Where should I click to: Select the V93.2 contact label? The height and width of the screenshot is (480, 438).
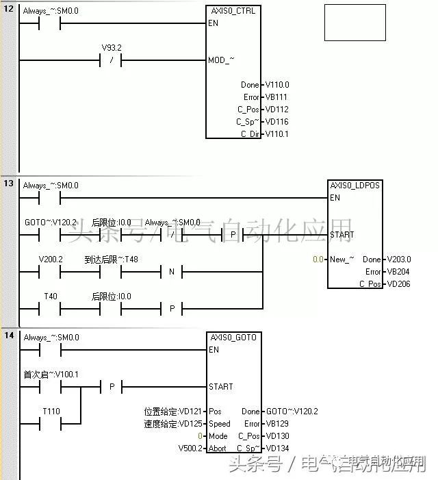point(110,48)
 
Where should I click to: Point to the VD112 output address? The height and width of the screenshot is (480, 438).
point(276,110)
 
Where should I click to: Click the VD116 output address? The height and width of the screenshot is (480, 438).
point(276,122)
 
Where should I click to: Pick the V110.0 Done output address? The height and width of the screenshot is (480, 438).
point(276,85)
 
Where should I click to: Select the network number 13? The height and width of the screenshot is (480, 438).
point(9,184)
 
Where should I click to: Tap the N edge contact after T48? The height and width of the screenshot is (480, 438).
point(171,272)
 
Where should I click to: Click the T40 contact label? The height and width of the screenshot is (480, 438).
point(50,296)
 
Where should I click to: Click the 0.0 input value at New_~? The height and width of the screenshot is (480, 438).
point(318,260)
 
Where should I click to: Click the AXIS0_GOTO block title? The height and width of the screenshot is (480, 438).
point(233,338)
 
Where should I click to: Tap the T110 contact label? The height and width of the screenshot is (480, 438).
point(51,411)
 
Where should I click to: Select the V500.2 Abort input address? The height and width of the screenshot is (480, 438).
point(190,449)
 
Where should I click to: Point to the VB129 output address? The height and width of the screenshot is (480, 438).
point(276,424)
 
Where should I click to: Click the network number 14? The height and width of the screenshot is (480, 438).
point(9,336)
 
